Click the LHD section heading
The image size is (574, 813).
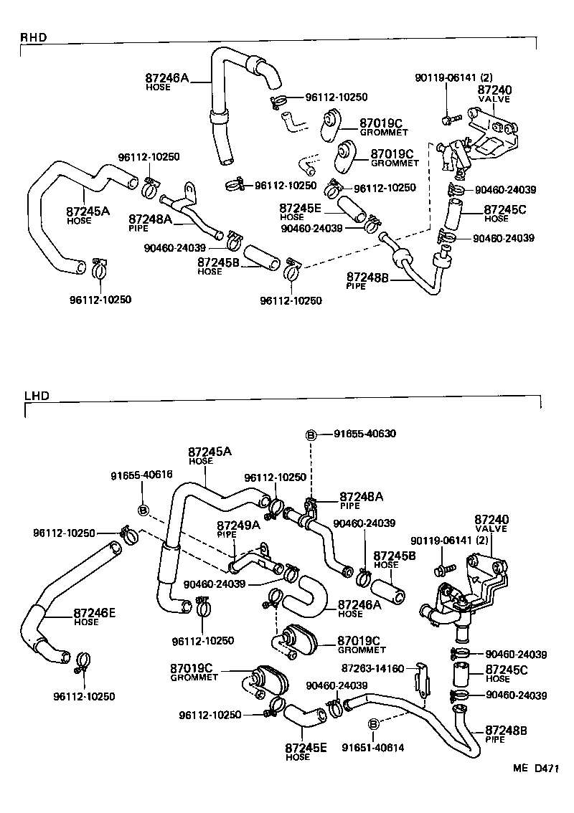[34, 395]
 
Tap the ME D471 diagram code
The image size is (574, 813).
[535, 769]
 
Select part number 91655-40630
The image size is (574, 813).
[364, 434]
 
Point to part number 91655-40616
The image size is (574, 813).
[141, 475]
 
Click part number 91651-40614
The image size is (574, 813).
[372, 748]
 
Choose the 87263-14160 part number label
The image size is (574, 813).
[372, 667]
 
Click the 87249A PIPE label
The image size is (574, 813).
[239, 528]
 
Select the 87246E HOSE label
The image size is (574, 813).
[94, 617]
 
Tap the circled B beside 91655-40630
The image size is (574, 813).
[311, 434]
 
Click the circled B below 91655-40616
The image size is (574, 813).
[142, 510]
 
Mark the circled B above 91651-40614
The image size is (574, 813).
[373, 724]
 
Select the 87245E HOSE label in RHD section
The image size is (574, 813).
[301, 211]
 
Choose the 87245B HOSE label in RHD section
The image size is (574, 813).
[219, 266]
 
